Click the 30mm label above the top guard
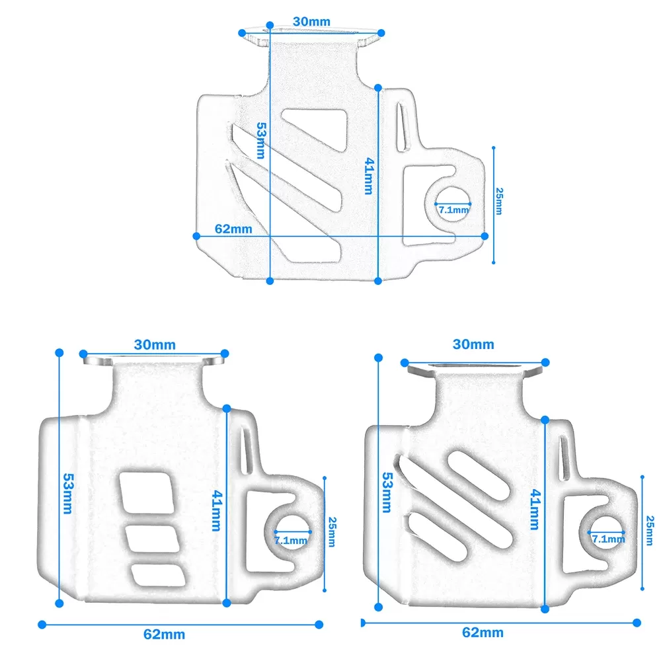pyautogui.click(x=311, y=22)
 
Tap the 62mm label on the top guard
pyautogui.click(x=233, y=229)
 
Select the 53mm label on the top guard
pyautogui.click(x=261, y=140)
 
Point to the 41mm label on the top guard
pyautogui.click(x=369, y=176)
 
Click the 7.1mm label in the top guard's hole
pyautogui.click(x=453, y=210)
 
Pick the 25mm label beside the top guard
pyautogui.click(x=499, y=202)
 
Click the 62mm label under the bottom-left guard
pyautogui.click(x=164, y=634)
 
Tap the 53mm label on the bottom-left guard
pyautogui.click(x=68, y=493)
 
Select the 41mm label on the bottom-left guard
pyautogui.click(x=217, y=510)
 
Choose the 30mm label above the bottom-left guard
pyautogui.click(x=155, y=345)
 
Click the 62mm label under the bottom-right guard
pyautogui.click(x=483, y=633)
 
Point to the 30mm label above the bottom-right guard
pyautogui.click(x=473, y=344)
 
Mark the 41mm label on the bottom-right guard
pyautogui.click(x=535, y=509)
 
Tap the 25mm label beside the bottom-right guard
pyautogui.click(x=650, y=530)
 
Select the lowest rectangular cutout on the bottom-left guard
pyautogui.click(x=159, y=576)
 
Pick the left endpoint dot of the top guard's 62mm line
pyautogui.click(x=196, y=236)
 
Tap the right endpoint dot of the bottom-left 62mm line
pyautogui.click(x=319, y=625)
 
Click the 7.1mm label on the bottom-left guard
pyautogui.click(x=290, y=541)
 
